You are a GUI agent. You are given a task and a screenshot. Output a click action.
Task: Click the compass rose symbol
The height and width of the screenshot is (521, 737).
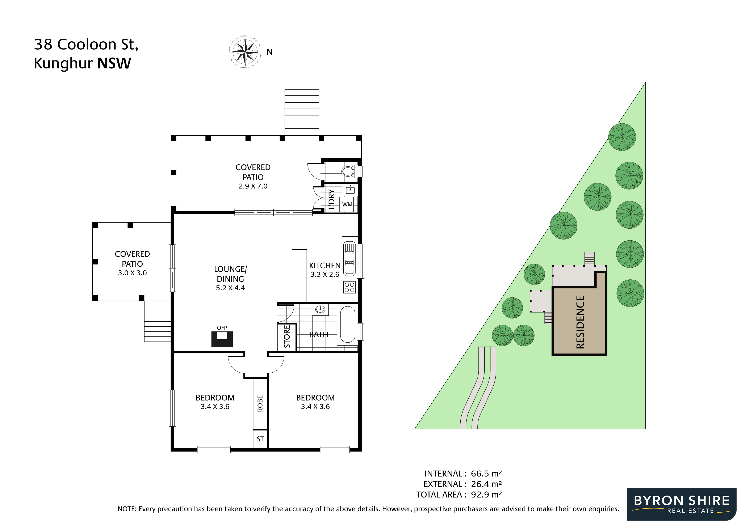[245, 52]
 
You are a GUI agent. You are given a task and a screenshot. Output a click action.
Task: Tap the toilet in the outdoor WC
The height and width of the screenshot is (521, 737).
[347, 171]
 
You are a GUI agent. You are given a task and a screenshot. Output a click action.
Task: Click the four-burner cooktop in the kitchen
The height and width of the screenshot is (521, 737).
[349, 287]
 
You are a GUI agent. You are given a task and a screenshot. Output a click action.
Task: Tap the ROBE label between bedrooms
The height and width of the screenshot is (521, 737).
[260, 403]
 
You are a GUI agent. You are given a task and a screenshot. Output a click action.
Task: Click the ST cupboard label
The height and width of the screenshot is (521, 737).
[260, 439]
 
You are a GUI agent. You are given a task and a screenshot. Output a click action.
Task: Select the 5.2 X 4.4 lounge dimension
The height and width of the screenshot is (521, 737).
[230, 288]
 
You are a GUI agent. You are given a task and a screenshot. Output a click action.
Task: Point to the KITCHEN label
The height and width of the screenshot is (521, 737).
[324, 265]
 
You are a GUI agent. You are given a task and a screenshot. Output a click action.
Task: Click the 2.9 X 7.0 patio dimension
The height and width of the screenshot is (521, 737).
[253, 186]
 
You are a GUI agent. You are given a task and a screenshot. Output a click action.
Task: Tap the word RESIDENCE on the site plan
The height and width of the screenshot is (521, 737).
[580, 322]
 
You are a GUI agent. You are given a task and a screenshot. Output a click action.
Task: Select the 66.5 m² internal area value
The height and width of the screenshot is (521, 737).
[486, 474]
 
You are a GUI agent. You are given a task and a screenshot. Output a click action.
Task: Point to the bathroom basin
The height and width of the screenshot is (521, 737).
[320, 310]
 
